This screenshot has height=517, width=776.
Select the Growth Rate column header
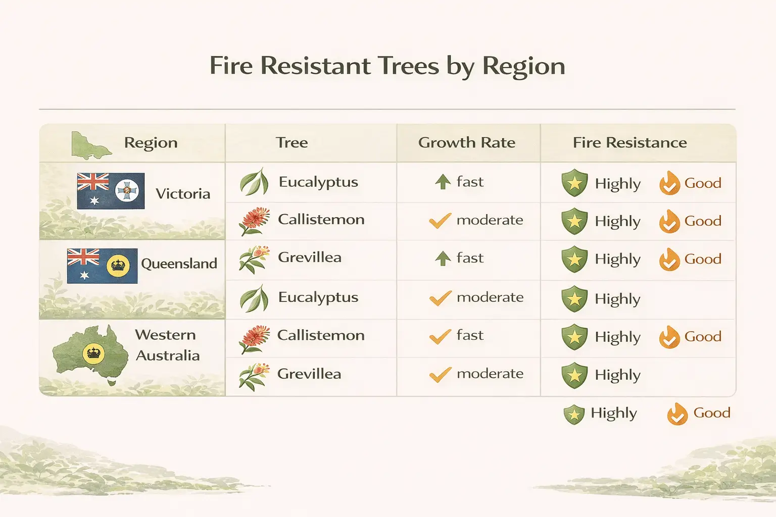click(x=467, y=143)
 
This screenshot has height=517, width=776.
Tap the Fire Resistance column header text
click(x=629, y=143)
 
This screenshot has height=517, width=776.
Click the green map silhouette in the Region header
click(x=90, y=145)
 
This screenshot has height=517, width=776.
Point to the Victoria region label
click(x=183, y=194)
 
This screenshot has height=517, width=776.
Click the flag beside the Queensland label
click(x=102, y=266)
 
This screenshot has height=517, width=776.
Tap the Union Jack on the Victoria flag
click(x=92, y=182)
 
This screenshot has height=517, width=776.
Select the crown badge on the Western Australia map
click(x=93, y=352)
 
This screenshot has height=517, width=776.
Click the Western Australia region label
click(x=167, y=345)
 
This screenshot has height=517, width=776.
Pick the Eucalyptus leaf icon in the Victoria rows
click(x=254, y=182)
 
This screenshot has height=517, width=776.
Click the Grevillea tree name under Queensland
click(x=310, y=257)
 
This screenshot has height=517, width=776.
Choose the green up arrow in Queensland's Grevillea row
click(x=443, y=258)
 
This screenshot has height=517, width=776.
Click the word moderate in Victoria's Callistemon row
click(x=490, y=220)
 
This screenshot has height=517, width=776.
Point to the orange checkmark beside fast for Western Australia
click(x=440, y=336)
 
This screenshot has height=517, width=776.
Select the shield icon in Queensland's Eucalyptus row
click(x=574, y=299)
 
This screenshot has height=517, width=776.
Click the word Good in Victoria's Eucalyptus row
click(x=703, y=183)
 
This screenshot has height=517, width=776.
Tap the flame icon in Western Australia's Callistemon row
click(x=669, y=337)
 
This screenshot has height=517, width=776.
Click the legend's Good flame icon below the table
click(x=677, y=414)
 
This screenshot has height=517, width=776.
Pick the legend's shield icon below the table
click(x=574, y=415)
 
